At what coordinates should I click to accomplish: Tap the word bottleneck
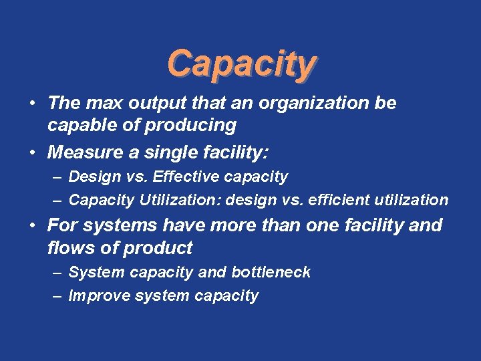[x=271, y=272]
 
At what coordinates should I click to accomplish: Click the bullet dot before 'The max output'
[x=32, y=104]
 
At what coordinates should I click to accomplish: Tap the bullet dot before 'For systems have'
[x=32, y=226]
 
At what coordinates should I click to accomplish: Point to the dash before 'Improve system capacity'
[x=59, y=295]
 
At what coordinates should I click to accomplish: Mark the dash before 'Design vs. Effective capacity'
[x=59, y=177]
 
